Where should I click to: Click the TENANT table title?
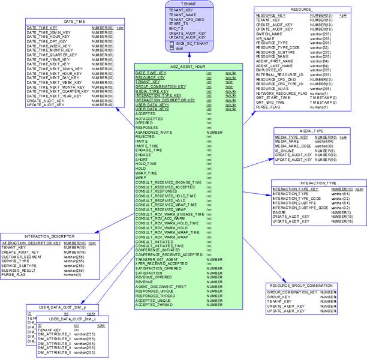pos(189,4)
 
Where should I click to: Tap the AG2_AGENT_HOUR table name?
pos(188,67)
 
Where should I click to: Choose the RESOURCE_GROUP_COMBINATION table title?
pos(300,286)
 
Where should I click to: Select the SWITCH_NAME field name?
pos(269,34)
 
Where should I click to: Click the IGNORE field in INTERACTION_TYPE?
pos(279,212)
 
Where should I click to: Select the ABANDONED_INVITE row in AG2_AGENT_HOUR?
pos(154,132)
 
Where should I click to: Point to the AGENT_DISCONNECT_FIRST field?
pos(161,286)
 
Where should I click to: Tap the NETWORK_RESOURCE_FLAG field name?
pos(281,94)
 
